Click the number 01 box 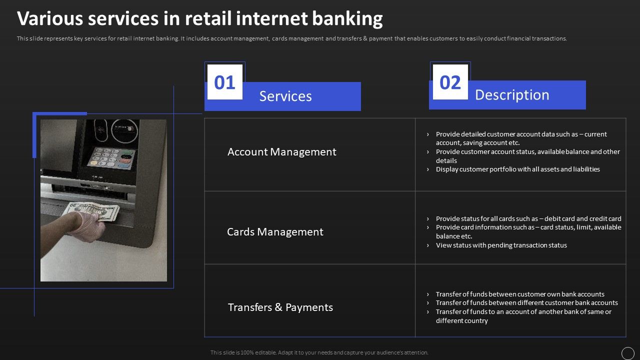[224, 82]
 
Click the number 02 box [450, 82]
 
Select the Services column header [285, 96]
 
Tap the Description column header [512, 95]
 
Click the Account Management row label [281, 152]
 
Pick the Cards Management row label [275, 232]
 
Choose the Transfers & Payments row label [280, 307]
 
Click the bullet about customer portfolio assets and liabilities [517, 169]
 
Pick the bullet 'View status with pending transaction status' [501, 245]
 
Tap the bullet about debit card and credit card [528, 218]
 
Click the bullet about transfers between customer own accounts [519, 294]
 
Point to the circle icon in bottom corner [627, 353]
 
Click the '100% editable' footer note [319, 352]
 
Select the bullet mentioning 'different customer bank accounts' [526, 303]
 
